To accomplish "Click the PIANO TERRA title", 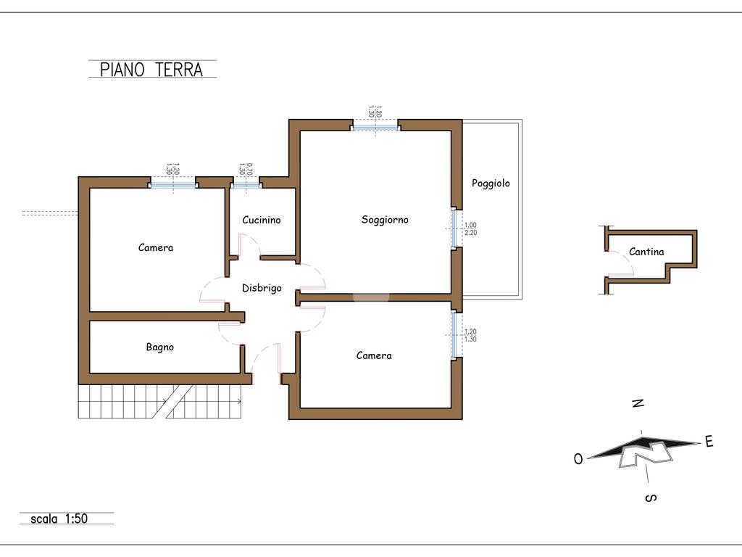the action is [151, 70].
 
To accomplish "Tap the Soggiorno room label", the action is [385, 220].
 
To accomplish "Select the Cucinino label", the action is [261, 220].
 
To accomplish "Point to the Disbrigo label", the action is [262, 288].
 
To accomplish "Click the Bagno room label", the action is [160, 347].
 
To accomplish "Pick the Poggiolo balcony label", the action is [491, 183].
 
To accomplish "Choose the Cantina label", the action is [646, 252].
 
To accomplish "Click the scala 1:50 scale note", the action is [59, 519].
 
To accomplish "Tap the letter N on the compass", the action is [638, 403].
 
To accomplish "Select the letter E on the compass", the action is [709, 442].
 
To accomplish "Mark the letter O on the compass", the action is [578, 459].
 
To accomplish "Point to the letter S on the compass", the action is [651, 498].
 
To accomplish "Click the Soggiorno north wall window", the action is [375, 128].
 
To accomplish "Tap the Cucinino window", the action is [246, 185].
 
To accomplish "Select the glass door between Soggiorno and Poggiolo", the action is [454, 228].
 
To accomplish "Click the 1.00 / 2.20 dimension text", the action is [470, 229].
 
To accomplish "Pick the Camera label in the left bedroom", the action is [156, 248].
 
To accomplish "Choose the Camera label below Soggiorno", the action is [374, 355].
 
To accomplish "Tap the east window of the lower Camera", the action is [454, 335].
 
